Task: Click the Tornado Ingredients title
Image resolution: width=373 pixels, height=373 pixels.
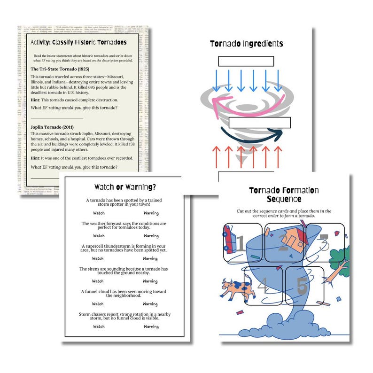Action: coord(246,44)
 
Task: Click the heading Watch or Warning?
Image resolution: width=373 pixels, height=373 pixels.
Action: coord(124,186)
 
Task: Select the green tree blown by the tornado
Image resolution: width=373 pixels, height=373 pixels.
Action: coord(340,263)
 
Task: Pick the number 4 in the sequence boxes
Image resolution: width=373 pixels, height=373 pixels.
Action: coord(263,285)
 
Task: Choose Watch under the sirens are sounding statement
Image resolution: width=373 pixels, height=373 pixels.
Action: coord(98,281)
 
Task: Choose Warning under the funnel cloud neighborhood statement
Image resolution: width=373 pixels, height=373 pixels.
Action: coord(150,304)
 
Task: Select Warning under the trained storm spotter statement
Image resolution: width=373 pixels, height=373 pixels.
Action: coord(150,213)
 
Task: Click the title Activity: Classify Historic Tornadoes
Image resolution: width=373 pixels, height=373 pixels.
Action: coord(78,42)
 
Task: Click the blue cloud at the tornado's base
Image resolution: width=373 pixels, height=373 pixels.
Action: coord(280,324)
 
